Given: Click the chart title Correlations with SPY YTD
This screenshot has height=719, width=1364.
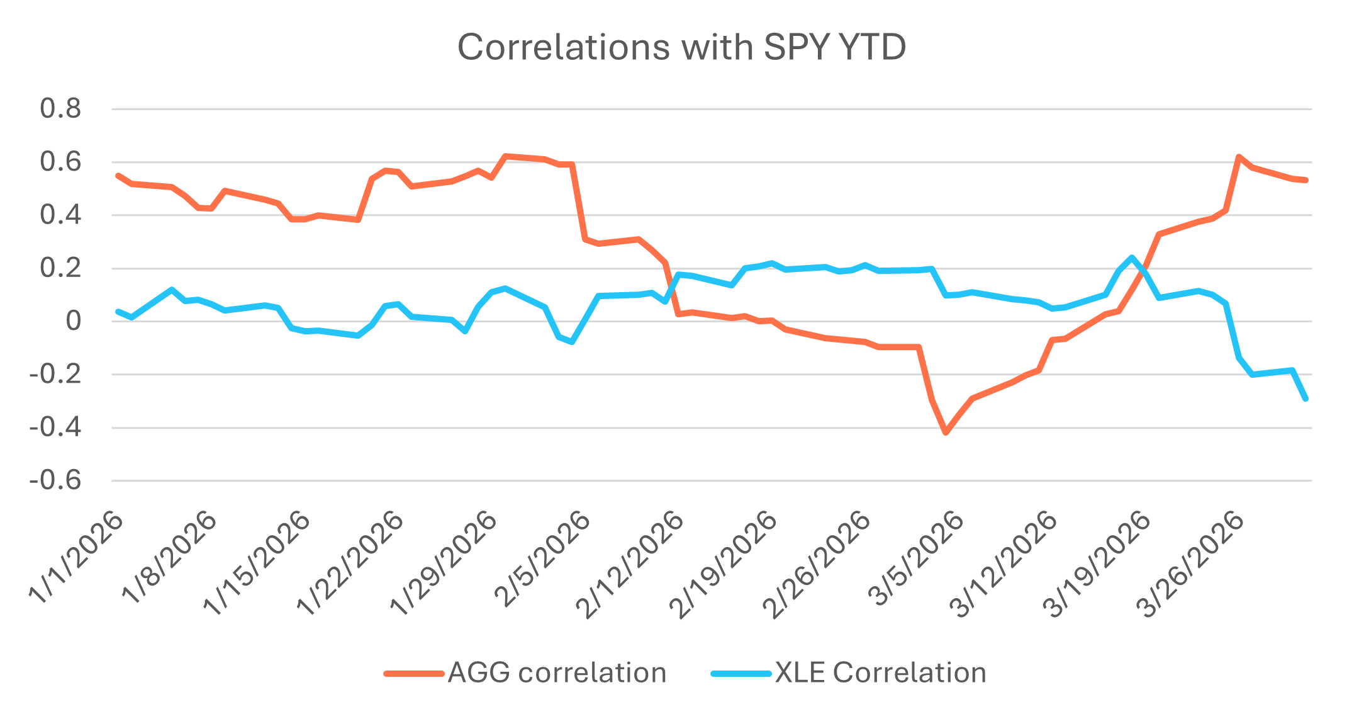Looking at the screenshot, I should tap(681, 47).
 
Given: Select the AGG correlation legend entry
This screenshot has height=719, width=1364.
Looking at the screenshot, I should tap(557, 673).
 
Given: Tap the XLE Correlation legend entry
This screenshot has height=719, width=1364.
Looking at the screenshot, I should tap(880, 673).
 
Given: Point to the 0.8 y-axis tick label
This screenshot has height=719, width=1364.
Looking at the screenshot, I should tap(60, 109).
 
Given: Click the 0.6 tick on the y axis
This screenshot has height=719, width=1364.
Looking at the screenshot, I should tap(60, 162).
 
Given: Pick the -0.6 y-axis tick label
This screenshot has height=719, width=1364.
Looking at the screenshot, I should tap(55, 481).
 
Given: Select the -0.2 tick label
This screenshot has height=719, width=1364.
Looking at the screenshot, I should tap(55, 375).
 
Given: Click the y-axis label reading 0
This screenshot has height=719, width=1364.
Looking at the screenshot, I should tap(73, 321).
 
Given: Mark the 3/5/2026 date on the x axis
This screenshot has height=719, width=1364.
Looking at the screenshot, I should tap(919, 559).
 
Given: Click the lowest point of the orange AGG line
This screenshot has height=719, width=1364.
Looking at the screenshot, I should tap(945, 433).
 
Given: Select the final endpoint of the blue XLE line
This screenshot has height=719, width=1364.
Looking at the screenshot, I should tap(1306, 399).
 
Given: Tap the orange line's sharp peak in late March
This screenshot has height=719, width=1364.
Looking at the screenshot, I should tap(1238, 156).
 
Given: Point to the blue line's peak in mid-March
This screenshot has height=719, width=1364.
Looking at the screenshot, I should tap(1132, 257).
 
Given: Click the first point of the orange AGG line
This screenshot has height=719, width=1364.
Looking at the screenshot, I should tap(118, 175).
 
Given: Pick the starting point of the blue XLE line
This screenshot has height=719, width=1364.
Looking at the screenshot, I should tap(118, 311).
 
